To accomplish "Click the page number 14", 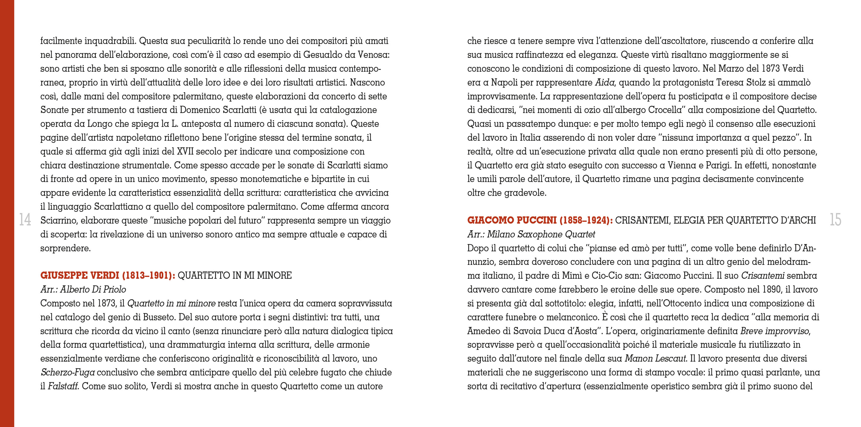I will [x=25, y=220].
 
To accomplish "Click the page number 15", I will [x=835, y=220].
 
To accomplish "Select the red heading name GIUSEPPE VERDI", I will [x=80, y=275].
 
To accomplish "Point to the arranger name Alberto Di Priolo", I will [x=93, y=290].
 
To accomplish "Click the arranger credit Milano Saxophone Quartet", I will [x=541, y=234].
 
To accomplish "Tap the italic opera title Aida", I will [x=604, y=83].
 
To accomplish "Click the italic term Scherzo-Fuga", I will [x=67, y=372].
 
